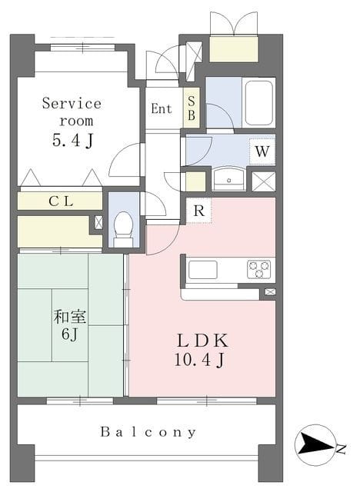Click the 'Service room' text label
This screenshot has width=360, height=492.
[x=72, y=112]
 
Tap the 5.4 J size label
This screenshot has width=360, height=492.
[x=73, y=140]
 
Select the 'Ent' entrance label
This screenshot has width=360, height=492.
[x=162, y=109]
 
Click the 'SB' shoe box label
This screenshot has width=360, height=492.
[x=191, y=108]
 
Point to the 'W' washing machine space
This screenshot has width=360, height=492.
[x=262, y=151]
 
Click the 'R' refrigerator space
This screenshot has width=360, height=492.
[x=199, y=211]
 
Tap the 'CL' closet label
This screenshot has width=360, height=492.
[x=62, y=201]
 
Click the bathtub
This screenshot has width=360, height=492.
[x=258, y=103]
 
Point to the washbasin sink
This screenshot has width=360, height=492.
[x=228, y=178]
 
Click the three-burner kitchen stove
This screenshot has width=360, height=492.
[x=259, y=269]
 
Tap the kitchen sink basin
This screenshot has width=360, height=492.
[x=203, y=270]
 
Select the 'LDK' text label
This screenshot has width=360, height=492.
[x=202, y=341]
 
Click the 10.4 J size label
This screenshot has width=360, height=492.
[x=199, y=360]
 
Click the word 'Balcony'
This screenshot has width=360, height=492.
[x=148, y=432]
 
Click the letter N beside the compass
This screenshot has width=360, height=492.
[x=342, y=449]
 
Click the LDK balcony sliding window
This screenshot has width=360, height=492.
[x=206, y=401]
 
